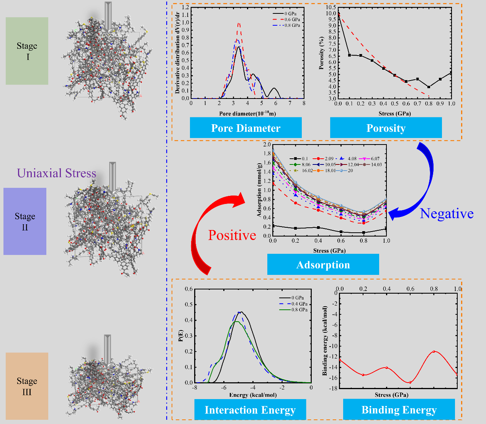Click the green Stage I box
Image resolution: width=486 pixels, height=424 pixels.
(27, 51)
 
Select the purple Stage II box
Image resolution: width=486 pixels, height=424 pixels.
(25, 221)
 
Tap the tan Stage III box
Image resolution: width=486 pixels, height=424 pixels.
(27, 386)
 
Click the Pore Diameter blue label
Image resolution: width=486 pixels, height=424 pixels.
(245, 128)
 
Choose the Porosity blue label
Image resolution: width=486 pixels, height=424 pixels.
(386, 128)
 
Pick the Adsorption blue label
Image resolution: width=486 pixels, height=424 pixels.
(323, 265)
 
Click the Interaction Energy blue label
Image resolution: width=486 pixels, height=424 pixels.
(250, 410)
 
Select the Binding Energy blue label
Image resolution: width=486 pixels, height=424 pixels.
(399, 410)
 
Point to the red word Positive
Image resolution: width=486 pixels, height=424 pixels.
(232, 235)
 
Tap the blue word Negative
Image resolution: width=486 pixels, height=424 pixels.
(447, 214)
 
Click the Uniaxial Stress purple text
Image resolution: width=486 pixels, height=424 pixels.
(56, 173)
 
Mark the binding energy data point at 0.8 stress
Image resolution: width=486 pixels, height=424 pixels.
(434, 351)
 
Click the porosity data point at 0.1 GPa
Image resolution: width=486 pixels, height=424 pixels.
(349, 55)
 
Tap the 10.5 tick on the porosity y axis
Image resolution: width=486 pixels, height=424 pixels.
(331, 7)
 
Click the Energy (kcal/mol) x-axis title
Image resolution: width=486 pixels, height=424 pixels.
(253, 395)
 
